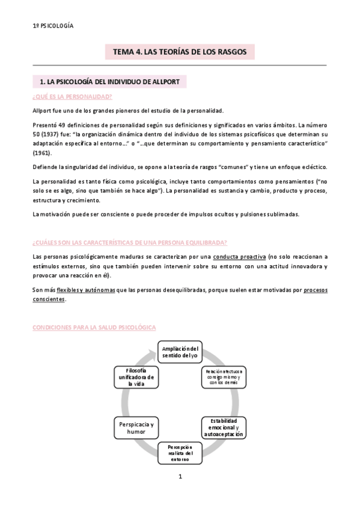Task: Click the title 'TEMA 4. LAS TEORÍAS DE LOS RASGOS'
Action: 180,52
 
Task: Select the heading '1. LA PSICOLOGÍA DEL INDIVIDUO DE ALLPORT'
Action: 110,81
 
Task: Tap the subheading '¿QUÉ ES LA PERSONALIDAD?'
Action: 72,97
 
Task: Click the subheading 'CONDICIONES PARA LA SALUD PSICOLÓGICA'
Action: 94,327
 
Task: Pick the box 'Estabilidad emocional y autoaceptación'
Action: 224,426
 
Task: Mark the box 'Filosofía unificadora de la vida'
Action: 137,378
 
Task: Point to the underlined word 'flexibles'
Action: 70,290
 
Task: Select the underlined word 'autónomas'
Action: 101,290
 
